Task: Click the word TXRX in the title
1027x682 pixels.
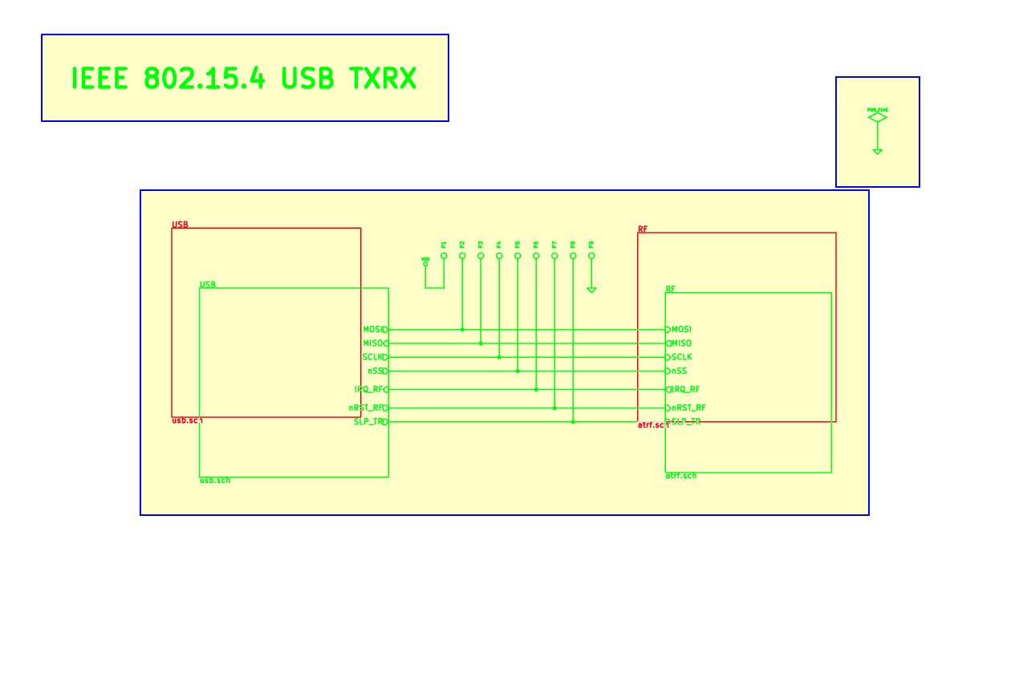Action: pyautogui.click(x=383, y=79)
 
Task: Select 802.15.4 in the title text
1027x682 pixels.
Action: pyautogui.click(x=204, y=79)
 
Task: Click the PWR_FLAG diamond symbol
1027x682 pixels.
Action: pyautogui.click(x=877, y=117)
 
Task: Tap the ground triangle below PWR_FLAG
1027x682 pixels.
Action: pyautogui.click(x=877, y=151)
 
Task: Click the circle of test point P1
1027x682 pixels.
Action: pyautogui.click(x=444, y=256)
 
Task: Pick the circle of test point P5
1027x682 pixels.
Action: pyautogui.click(x=518, y=256)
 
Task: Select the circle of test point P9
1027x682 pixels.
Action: pyautogui.click(x=591, y=256)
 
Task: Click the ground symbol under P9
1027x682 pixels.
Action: pyautogui.click(x=591, y=290)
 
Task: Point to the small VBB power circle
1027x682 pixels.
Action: pyautogui.click(x=425, y=264)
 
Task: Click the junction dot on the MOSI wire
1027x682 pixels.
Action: pyautogui.click(x=462, y=329)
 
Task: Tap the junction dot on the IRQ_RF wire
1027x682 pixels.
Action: pyautogui.click(x=536, y=389)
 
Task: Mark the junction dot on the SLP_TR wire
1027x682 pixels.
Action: pyautogui.click(x=573, y=421)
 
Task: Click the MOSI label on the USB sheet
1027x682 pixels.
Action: pyautogui.click(x=372, y=329)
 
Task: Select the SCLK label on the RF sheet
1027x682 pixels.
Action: pyautogui.click(x=682, y=357)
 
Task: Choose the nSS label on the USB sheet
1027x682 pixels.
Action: pyautogui.click(x=375, y=371)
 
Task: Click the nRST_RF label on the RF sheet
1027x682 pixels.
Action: pyautogui.click(x=688, y=408)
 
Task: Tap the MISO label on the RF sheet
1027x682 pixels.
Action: pyautogui.click(x=681, y=343)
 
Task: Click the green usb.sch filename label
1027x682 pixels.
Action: pyautogui.click(x=215, y=480)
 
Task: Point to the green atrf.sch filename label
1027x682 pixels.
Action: pyautogui.click(x=680, y=476)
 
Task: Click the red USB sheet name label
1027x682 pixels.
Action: pyautogui.click(x=180, y=225)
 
